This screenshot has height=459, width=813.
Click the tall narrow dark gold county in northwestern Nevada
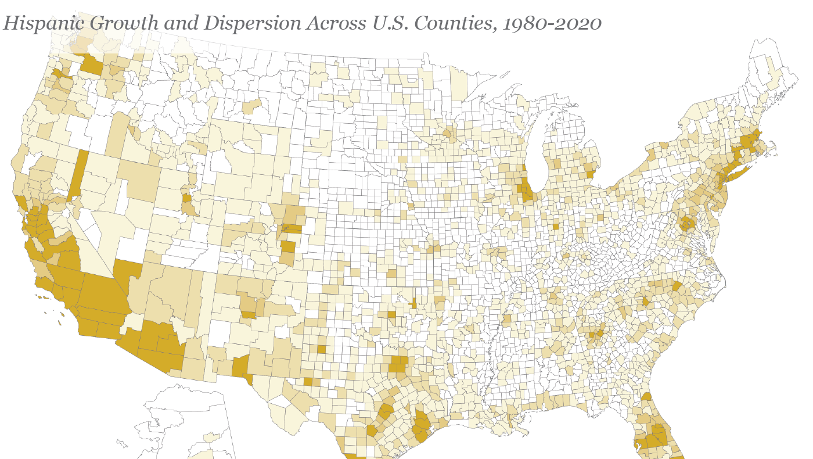pos(78,174)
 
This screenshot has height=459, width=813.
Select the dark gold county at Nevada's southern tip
pos(127,276)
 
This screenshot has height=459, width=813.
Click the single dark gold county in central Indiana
pos(556,227)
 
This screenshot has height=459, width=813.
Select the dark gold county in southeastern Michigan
pos(591,173)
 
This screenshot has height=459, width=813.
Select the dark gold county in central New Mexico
pos(249,314)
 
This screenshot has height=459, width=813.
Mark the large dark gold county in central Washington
pos(91,65)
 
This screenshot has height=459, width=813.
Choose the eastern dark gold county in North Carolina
pos(677,286)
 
